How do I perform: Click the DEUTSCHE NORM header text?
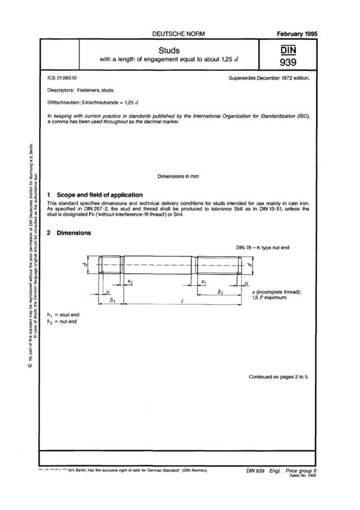point(170,31)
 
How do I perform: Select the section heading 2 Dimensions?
point(69,233)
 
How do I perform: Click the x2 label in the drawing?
point(130,281)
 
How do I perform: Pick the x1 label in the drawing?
point(204,281)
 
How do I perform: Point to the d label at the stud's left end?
point(86,263)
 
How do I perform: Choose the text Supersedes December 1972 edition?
point(270,79)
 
